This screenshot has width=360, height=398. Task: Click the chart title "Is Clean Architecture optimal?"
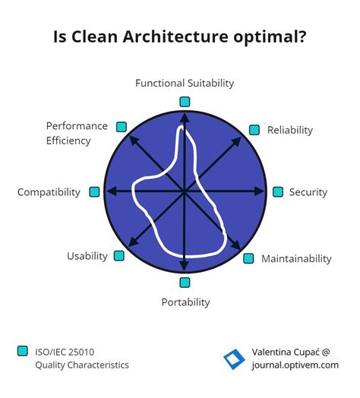coord(180,37)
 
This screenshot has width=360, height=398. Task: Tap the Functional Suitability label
coord(185,83)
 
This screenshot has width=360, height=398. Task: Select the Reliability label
coord(289,130)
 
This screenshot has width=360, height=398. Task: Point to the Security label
coord(308,192)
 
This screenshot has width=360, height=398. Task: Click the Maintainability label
coord(296,259)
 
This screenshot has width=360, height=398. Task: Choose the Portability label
coord(185,302)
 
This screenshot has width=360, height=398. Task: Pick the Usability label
coord(87,256)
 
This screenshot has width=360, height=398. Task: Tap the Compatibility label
coord(49,192)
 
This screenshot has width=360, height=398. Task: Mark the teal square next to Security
coord(278,192)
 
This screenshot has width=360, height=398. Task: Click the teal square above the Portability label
coord(185,283)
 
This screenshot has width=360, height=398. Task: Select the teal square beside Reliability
coord(254,130)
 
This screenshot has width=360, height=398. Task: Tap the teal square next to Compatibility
coord(94,192)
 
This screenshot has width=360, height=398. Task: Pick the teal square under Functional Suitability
coord(185,101)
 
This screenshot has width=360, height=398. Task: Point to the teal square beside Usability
coord(119,256)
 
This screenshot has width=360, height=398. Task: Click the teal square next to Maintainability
coord(248,258)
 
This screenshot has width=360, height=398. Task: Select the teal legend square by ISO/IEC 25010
coord(22,351)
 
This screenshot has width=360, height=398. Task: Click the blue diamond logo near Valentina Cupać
coord(233,359)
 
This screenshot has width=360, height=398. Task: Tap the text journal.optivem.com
coord(295,365)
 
